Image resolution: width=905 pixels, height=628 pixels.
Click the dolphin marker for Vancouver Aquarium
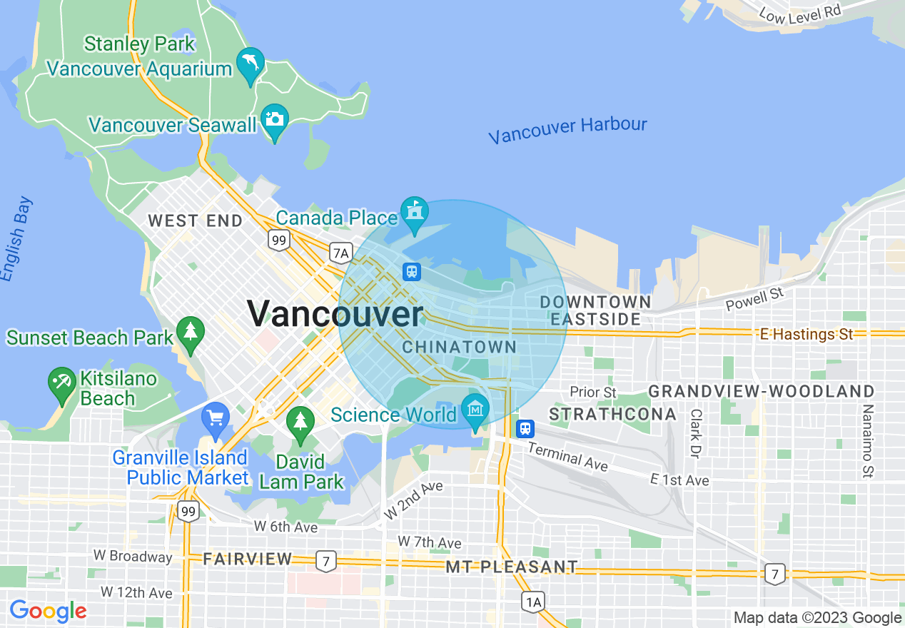(250, 64)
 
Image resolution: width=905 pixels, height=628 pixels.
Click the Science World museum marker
(475, 410)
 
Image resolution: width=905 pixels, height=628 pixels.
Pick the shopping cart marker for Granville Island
(215, 417)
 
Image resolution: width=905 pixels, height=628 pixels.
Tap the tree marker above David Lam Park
(300, 421)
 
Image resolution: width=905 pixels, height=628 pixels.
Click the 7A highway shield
(341, 252)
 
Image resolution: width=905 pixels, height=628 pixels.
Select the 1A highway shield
(533, 602)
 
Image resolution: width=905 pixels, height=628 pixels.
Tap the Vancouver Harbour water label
(567, 130)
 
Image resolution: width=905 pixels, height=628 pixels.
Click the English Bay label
(16, 238)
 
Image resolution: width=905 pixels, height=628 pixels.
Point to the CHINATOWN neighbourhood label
(459, 348)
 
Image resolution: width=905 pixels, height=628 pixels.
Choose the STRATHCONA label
(613, 415)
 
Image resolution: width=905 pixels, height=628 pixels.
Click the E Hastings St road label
(806, 334)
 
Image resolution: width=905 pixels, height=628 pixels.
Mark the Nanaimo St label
(868, 440)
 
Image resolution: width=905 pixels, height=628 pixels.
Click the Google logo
(48, 612)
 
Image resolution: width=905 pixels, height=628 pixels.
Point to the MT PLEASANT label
(512, 567)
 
